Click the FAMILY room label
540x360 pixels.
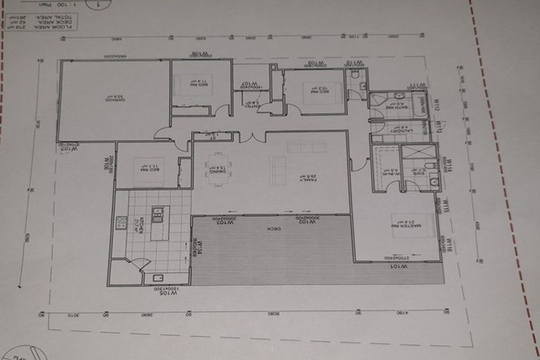[x=307, y=179]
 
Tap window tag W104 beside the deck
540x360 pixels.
[x=199, y=250]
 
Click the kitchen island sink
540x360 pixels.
[x=157, y=214]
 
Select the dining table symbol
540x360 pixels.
[x=218, y=169]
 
